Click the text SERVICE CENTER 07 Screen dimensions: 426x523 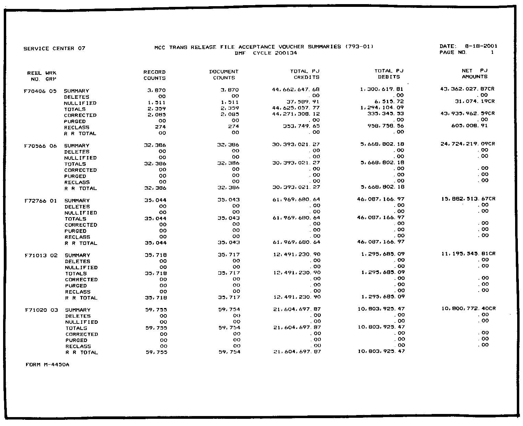pyautogui.click(x=54, y=49)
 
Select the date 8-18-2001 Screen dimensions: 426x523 pyautogui.click(x=481, y=46)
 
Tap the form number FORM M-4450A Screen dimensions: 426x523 pyautogui.click(x=47, y=365)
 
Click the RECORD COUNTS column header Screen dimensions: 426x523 pyautogui.click(x=154, y=75)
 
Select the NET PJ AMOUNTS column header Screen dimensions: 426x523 pyautogui.click(x=475, y=74)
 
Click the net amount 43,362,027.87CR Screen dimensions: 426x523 pyautogui.click(x=467, y=89)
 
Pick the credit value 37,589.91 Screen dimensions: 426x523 pyautogui.click(x=303, y=102)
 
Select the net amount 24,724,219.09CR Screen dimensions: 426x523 pyautogui.click(x=467, y=144)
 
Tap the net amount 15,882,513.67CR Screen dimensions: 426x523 pyautogui.click(x=468, y=199)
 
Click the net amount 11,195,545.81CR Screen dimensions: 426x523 pyautogui.click(x=468, y=254)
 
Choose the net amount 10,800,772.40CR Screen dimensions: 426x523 pyautogui.click(x=468, y=309)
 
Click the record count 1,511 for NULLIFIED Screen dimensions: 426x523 pyautogui.click(x=158, y=103)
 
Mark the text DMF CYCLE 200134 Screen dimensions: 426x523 pyautogui.click(x=266, y=53)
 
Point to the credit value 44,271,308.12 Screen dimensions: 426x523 pyautogui.click(x=296, y=114)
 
